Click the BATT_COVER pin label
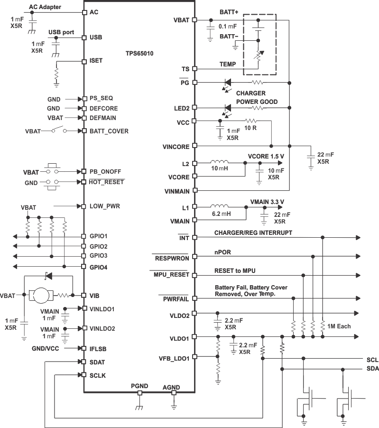pos(109,130)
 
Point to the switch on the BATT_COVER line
pos(59,130)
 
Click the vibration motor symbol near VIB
pos(42,295)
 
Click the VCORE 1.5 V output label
pos(266,156)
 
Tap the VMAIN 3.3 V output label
pos(267,201)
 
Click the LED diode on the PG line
pos(228,83)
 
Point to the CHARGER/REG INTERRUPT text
pos(253,233)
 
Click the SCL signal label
pos(372,359)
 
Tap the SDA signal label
pos(372,369)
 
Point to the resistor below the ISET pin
pos(57,75)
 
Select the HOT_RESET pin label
pos(107,182)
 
